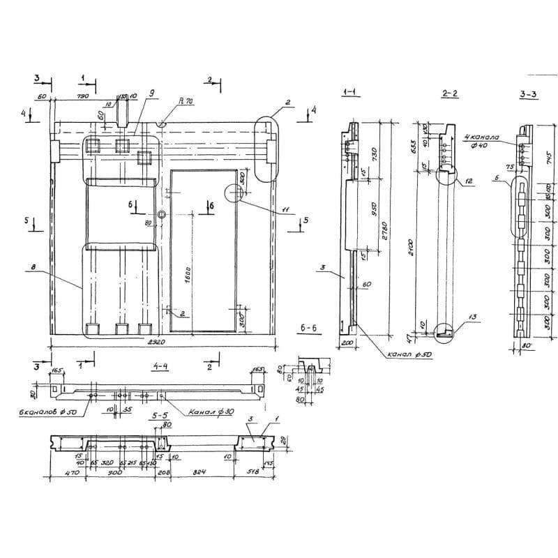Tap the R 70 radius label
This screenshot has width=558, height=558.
click(186, 101)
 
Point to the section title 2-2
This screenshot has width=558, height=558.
click(450, 93)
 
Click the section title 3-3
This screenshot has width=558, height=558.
click(528, 93)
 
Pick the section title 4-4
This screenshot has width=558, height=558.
click(160, 364)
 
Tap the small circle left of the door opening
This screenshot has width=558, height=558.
click(162, 215)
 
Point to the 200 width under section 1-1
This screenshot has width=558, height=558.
click(347, 345)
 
